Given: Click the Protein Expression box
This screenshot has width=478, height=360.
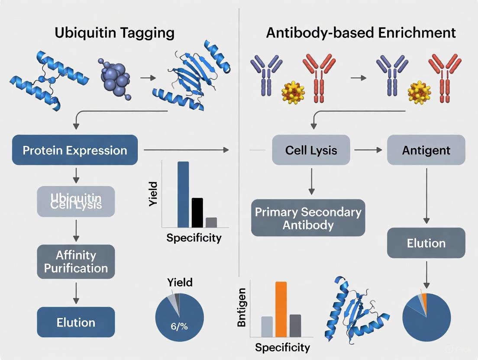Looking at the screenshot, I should pos(75,150).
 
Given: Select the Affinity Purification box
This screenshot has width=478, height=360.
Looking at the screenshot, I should pos(76,262).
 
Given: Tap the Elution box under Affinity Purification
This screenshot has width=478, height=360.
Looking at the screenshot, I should pos(76,322).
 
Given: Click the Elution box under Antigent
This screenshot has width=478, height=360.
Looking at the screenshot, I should pos(426,243).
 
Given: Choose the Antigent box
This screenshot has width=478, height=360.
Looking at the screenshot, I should pos(426,150).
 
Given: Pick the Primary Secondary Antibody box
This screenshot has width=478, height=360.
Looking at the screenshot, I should pos(308,218).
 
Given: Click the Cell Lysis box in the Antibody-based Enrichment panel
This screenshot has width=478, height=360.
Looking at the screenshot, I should pos(311,150).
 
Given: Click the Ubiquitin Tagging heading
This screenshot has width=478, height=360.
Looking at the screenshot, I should pos(115,33).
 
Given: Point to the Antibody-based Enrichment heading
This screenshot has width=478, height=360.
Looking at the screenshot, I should pos(361,33).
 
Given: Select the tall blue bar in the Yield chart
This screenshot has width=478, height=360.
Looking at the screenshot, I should pos(183,194).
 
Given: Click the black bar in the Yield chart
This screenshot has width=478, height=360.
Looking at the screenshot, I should pos(197,212).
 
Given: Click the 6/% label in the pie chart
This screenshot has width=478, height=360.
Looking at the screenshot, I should pos(179,327).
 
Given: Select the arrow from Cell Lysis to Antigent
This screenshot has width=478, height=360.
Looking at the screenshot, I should pos(368,150).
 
